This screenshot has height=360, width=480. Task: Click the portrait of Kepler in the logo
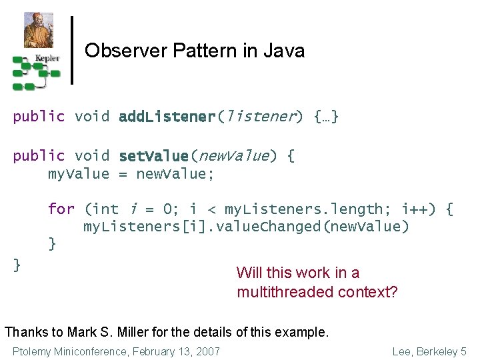tap(38, 29)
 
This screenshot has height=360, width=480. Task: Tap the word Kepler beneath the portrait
tap(47, 58)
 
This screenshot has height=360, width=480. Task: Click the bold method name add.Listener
tap(167, 117)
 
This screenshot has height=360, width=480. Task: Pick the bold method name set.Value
tap(153, 156)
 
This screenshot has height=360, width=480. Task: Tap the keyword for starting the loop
tap(61, 209)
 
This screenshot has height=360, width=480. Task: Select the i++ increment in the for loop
tap(423, 209)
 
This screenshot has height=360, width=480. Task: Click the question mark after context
tap(393, 292)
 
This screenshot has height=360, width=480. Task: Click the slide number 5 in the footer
tap(463, 351)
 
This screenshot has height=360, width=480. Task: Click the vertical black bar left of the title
tap(72, 51)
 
